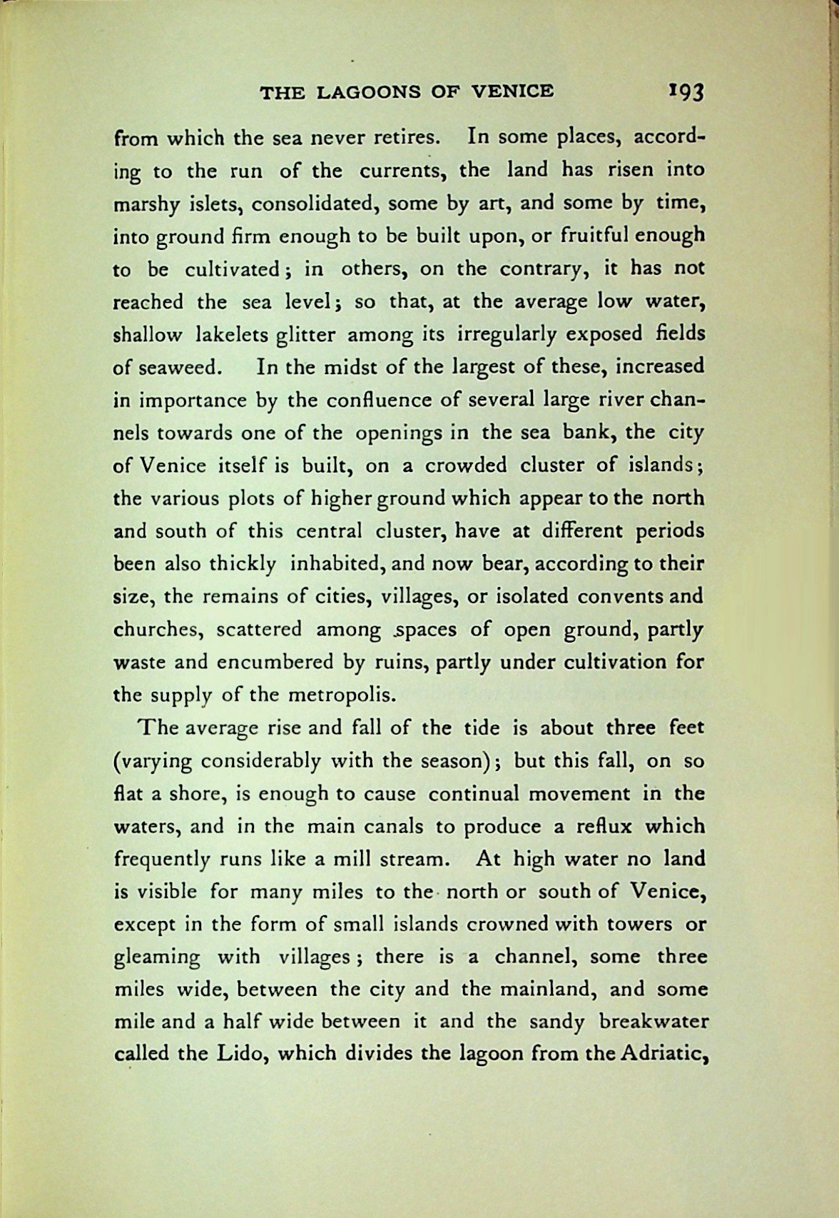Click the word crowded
(465, 465)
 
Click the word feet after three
(683, 728)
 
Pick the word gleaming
(158, 958)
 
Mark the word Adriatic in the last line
(659, 1055)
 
